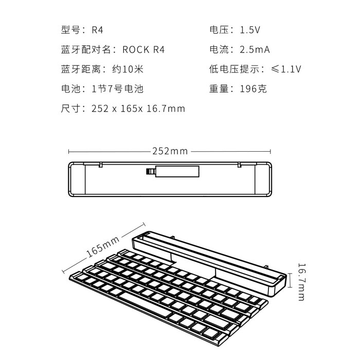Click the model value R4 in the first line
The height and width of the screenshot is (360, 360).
[x=97, y=30]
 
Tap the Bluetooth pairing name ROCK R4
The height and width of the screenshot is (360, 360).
[x=143, y=49]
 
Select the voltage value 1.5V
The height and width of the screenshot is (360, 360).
[x=250, y=30]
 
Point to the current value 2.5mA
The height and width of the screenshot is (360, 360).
[x=255, y=49]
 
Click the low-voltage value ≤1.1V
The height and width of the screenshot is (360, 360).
[x=286, y=69]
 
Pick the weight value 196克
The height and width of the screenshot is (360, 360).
[x=253, y=89]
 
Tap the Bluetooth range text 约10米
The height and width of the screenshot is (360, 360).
[x=128, y=69]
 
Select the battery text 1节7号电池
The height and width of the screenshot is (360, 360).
[x=117, y=89]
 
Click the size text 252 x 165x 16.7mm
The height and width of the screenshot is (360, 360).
[x=138, y=109]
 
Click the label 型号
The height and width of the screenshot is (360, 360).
[x=70, y=30]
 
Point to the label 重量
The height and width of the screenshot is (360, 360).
[x=219, y=89]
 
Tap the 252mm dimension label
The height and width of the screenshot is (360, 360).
[x=170, y=151]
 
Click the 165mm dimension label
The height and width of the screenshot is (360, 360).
[x=103, y=247]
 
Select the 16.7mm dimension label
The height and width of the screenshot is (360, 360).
[x=301, y=282]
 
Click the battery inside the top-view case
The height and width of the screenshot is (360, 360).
[x=173, y=171]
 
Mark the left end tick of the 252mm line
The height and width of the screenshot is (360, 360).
[x=68, y=152]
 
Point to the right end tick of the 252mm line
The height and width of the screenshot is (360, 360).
[x=271, y=152]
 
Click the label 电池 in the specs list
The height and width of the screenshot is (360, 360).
[x=70, y=89]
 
